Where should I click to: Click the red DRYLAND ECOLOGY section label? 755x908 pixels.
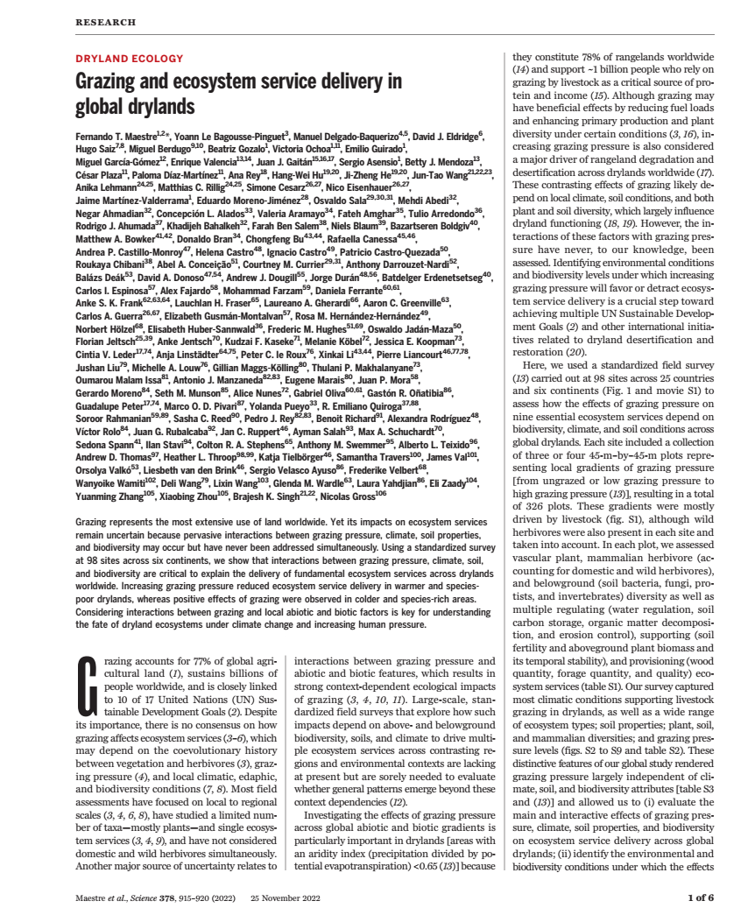(130, 59)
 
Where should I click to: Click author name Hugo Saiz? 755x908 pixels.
(95, 150)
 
